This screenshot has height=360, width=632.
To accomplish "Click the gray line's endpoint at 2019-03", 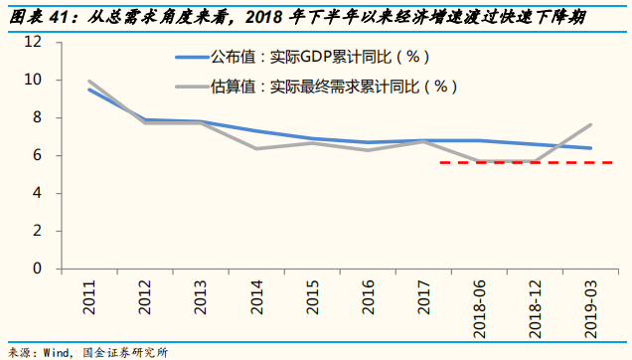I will [591, 124].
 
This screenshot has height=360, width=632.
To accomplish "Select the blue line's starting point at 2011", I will [89, 90].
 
